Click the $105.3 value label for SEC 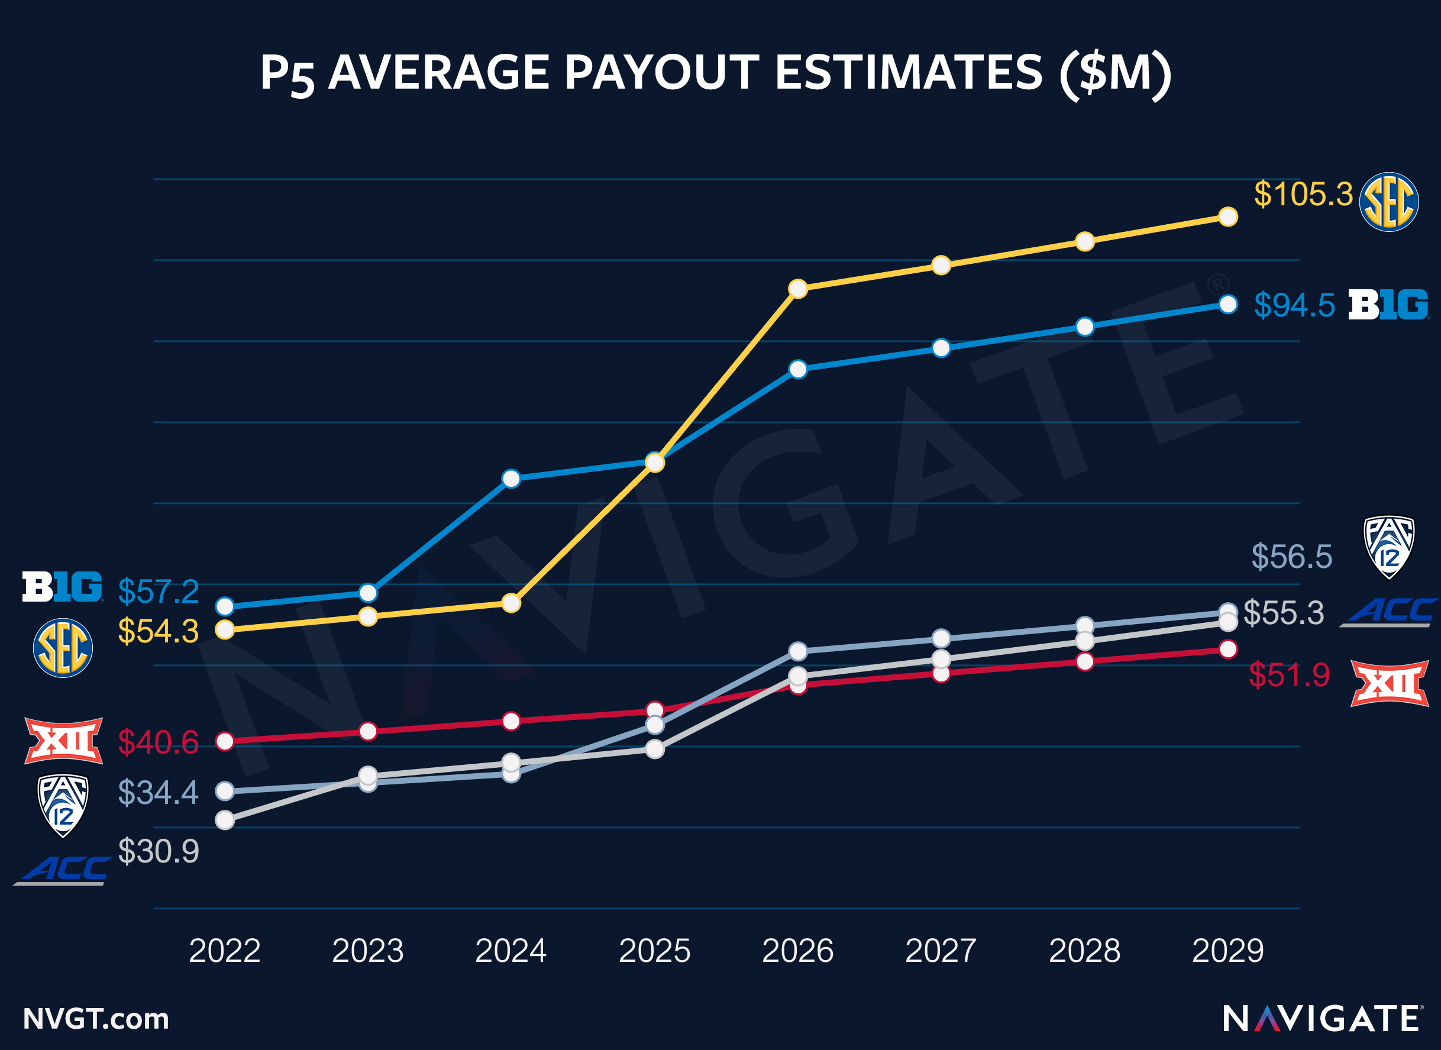click(x=1303, y=194)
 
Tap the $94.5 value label click(x=1294, y=305)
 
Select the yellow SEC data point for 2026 click(x=798, y=289)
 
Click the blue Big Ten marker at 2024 click(x=511, y=479)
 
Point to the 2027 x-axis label click(x=941, y=951)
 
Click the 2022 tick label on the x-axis click(x=224, y=951)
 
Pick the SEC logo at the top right click(x=1388, y=202)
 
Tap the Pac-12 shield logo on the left click(x=63, y=805)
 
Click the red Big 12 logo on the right click(x=1389, y=684)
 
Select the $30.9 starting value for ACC click(x=159, y=851)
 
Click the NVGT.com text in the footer click(x=96, y=1019)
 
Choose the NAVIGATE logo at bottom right click(x=1323, y=1019)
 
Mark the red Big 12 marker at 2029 click(x=1228, y=649)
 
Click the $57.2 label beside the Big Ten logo click(x=159, y=592)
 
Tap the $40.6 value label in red click(x=159, y=742)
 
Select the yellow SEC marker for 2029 click(x=1228, y=217)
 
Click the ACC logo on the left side click(x=62, y=870)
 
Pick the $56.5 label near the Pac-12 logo click(x=1291, y=557)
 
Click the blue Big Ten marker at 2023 click(x=368, y=593)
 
